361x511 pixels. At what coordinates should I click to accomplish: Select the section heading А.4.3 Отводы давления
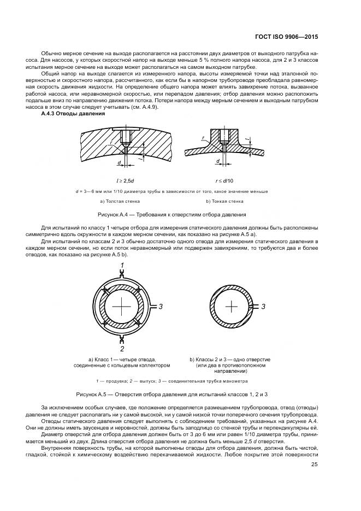click(73, 113)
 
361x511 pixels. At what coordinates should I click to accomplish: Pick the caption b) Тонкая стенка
click(223, 201)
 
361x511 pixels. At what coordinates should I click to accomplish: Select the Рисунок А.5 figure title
click(180, 393)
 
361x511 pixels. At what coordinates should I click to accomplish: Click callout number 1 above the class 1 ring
click(122, 265)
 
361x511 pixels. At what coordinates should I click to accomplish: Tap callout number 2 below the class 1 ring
click(122, 349)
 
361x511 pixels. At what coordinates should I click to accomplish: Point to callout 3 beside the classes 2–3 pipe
click(263, 307)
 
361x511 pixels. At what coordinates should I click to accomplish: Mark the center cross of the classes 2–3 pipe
click(232, 307)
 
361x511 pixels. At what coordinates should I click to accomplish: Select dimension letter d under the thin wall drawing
click(217, 161)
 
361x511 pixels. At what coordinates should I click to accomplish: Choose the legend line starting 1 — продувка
click(172, 380)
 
